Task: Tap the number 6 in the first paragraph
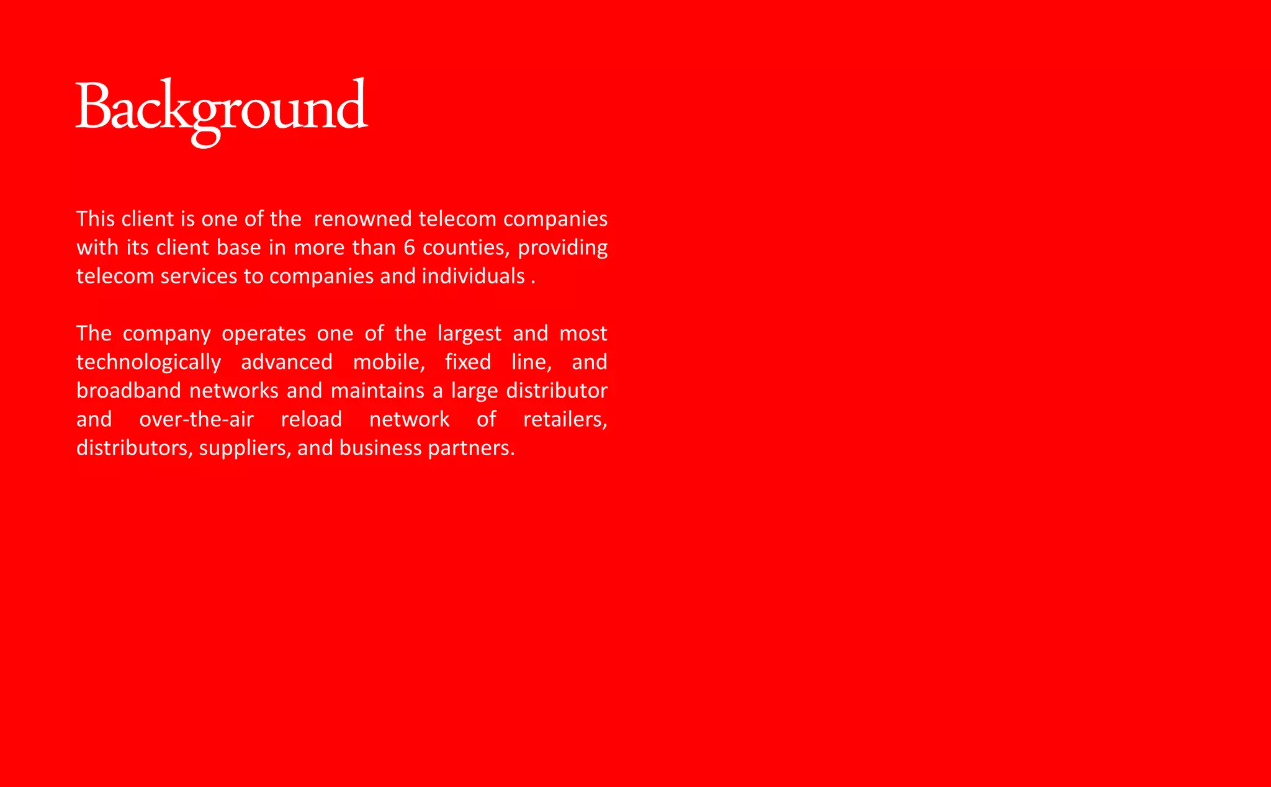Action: (409, 247)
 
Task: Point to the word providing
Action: (562, 248)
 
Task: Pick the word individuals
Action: (473, 276)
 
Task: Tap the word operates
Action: (264, 334)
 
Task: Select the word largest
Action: (469, 334)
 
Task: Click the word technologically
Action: (148, 363)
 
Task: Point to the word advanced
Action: (286, 362)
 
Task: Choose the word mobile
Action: (388, 362)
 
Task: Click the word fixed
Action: (468, 362)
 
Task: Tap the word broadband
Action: (128, 391)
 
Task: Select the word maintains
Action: (378, 391)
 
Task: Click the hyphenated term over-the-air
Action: (196, 420)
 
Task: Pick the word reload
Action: (311, 420)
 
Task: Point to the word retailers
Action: (564, 420)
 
